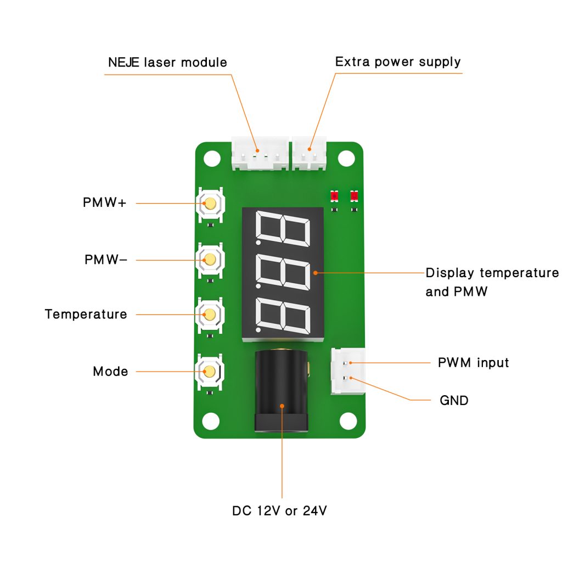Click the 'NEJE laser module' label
click(167, 63)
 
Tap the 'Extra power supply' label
click(398, 61)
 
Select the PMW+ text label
click(105, 203)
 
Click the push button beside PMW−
click(210, 260)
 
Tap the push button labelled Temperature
click(210, 315)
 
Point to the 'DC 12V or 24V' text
click(279, 511)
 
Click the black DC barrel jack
click(282, 391)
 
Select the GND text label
click(454, 400)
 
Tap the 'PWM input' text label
click(474, 363)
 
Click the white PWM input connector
click(347, 371)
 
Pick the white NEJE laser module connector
click(260, 154)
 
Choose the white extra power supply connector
click(310, 154)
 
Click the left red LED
click(334, 196)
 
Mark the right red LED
click(354, 196)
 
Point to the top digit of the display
click(283, 228)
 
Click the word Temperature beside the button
click(86, 314)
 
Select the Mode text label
click(110, 372)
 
